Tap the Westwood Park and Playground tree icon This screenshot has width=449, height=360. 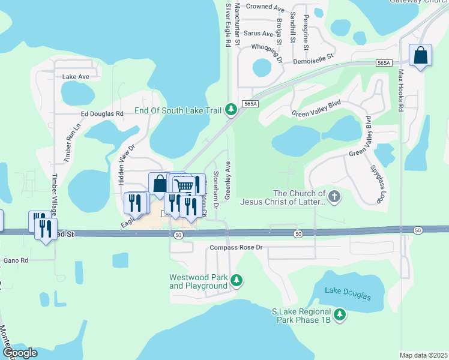[237, 280]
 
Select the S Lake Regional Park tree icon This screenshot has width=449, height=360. [340, 314]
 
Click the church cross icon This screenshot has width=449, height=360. [335, 196]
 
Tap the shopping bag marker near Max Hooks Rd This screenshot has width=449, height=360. [420, 56]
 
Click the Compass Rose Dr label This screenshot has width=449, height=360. [237, 247]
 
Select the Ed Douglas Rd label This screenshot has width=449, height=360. [102, 113]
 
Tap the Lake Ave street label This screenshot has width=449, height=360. [76, 77]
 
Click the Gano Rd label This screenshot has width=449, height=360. [16, 260]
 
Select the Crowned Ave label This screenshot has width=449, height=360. [265, 8]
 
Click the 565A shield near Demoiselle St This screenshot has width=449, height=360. [385, 62]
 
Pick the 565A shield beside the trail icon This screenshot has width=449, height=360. [251, 104]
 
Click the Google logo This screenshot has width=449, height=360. [20, 353]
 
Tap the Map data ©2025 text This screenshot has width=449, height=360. [423, 355]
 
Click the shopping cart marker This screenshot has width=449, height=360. [183, 185]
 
